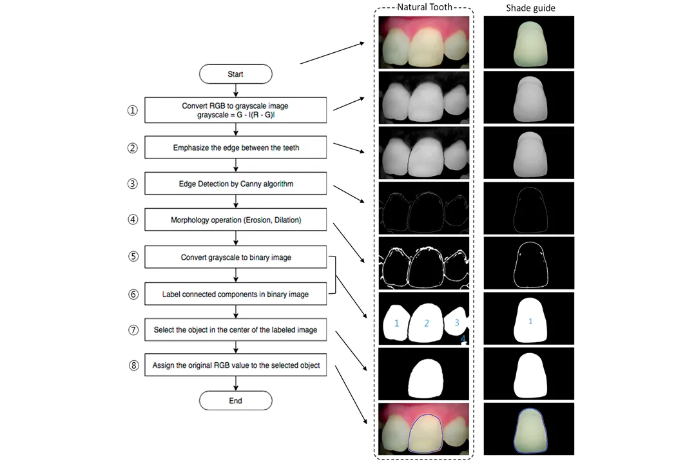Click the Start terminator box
click(x=235, y=74)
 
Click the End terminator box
click(x=235, y=400)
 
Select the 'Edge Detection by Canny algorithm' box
click(x=236, y=184)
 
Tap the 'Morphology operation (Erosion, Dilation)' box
click(x=236, y=220)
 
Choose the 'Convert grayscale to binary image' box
click(x=236, y=257)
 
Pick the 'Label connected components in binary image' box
click(x=236, y=294)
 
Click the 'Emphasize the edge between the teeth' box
click(x=236, y=148)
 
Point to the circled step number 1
click(x=133, y=110)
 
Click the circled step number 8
click(x=133, y=365)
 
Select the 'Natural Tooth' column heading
click(x=425, y=7)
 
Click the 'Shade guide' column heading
click(x=530, y=8)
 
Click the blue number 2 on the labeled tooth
click(x=426, y=324)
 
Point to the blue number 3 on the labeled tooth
click(x=457, y=322)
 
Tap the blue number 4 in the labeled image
click(x=462, y=339)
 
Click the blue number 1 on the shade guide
click(x=530, y=321)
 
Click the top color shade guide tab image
click(x=530, y=42)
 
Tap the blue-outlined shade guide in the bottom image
click(x=530, y=429)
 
